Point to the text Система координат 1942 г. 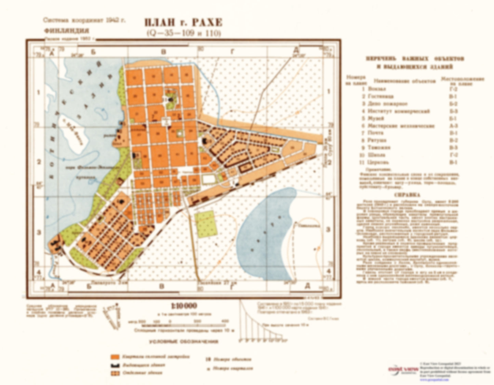[x=84, y=20]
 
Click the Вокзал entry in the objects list [x=375, y=89]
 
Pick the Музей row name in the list [x=375, y=119]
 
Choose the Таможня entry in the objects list [x=379, y=148]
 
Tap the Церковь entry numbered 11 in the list [x=378, y=163]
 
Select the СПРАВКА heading [x=407, y=195]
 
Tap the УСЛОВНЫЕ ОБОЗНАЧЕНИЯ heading [x=184, y=341]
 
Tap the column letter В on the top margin [x=163, y=52]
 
